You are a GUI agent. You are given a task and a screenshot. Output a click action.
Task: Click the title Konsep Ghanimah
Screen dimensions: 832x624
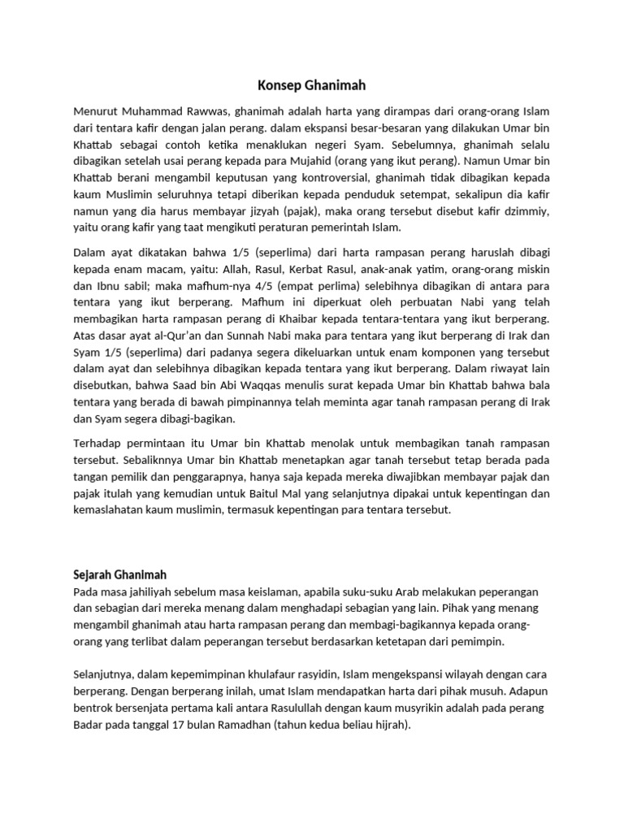pos(312,84)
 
